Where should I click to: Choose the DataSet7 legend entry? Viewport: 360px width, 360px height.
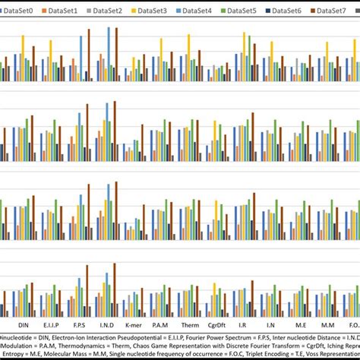(333, 11)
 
